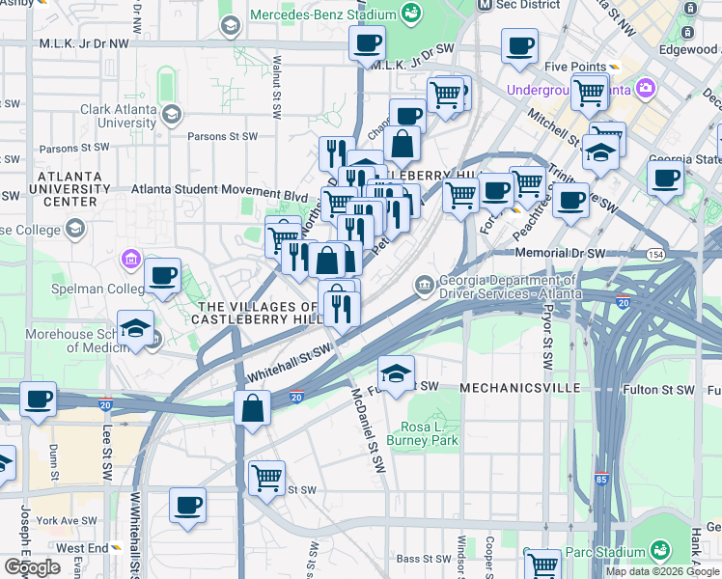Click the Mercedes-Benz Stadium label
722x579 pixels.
coord(323,15)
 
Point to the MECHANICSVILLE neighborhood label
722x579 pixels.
coord(520,388)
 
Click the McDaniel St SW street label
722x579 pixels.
coord(369,430)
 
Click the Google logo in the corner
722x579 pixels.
coord(31,567)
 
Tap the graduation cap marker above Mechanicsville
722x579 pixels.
coord(395,372)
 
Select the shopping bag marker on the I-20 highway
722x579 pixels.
coord(252,407)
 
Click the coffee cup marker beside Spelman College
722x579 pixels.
coord(162,276)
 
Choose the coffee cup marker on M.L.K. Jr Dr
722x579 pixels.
coord(367,43)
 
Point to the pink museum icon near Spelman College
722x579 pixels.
coord(132,260)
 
